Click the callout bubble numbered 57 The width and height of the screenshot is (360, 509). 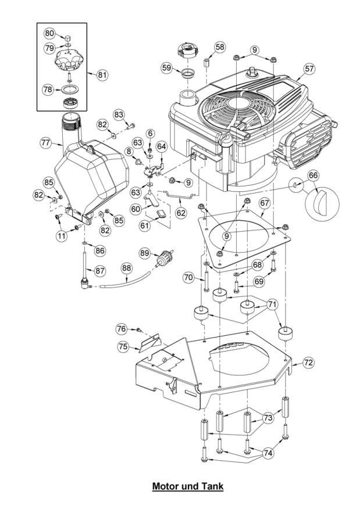point(309,69)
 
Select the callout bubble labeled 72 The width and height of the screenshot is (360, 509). point(308,362)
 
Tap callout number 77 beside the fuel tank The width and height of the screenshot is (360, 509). point(46,142)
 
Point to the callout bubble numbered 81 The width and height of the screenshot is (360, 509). point(102,75)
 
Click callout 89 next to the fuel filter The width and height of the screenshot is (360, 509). point(145,253)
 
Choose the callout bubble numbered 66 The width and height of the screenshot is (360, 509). point(313,175)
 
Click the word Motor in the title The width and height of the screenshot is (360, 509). point(165,486)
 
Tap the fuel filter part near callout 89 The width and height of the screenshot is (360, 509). point(164,259)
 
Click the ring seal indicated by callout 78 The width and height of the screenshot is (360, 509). point(70,89)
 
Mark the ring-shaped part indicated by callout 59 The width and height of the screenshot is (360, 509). point(188,73)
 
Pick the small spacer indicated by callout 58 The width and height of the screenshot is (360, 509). point(206,62)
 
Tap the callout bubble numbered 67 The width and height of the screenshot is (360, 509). point(265,203)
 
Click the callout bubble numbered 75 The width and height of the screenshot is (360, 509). point(123,347)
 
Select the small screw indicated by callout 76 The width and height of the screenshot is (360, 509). point(139,330)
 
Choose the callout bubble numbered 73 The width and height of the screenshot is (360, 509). point(268,417)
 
